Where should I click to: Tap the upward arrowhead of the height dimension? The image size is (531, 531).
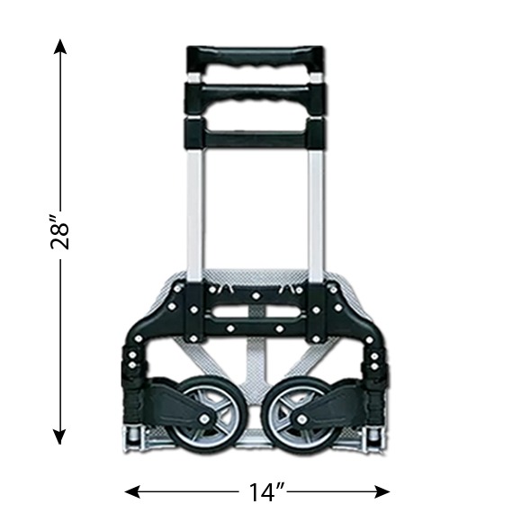click(x=60, y=47)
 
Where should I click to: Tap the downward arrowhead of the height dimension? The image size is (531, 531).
click(x=60, y=436)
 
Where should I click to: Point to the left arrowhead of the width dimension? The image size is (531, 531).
click(x=133, y=491)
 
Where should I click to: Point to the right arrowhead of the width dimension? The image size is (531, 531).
click(x=382, y=491)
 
